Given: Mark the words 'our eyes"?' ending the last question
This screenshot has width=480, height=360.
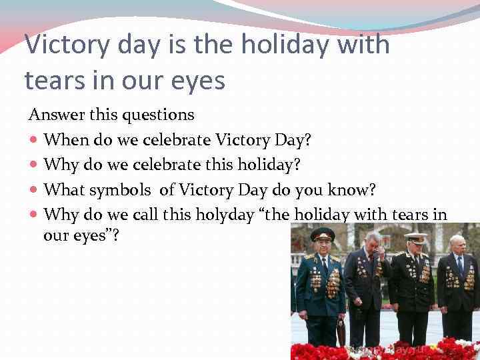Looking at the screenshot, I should (x=81, y=235).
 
